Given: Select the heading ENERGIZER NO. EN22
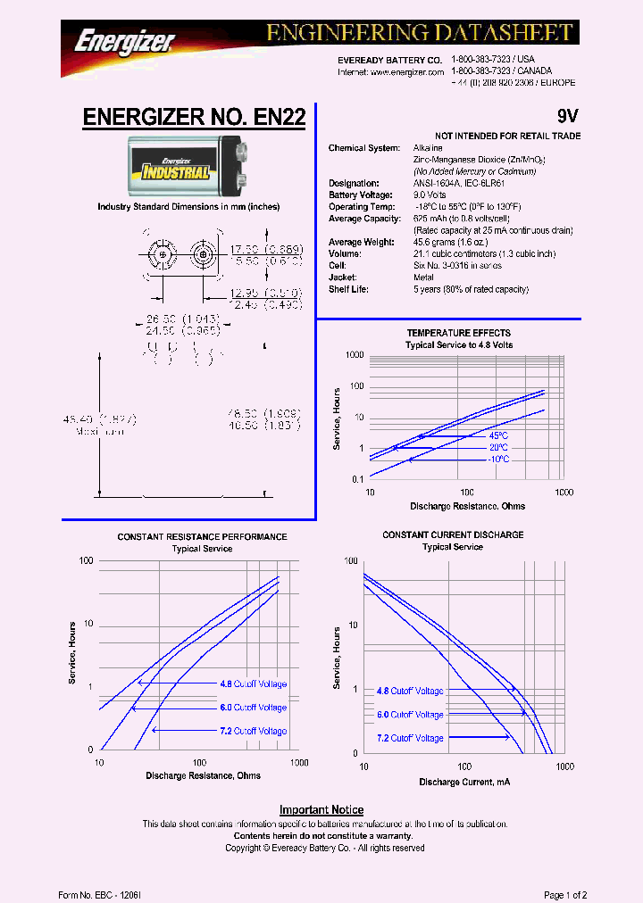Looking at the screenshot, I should pyautogui.click(x=194, y=117).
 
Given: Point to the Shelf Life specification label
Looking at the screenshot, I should pyautogui.click(x=351, y=289).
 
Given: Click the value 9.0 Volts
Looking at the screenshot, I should pyautogui.click(x=430, y=195).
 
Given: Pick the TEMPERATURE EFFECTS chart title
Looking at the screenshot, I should pyautogui.click(x=459, y=333).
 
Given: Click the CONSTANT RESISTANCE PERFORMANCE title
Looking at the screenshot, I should pyautogui.click(x=202, y=537).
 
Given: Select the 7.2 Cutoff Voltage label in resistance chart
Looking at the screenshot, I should pyautogui.click(x=254, y=731).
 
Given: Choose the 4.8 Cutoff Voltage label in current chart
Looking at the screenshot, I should pyautogui.click(x=410, y=692).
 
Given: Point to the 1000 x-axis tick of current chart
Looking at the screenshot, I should pyautogui.click(x=564, y=767).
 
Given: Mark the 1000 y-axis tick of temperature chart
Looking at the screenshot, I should pyautogui.click(x=355, y=355).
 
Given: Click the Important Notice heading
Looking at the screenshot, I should pyautogui.click(x=321, y=810).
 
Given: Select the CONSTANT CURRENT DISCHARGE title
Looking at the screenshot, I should pyautogui.click(x=453, y=535).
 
